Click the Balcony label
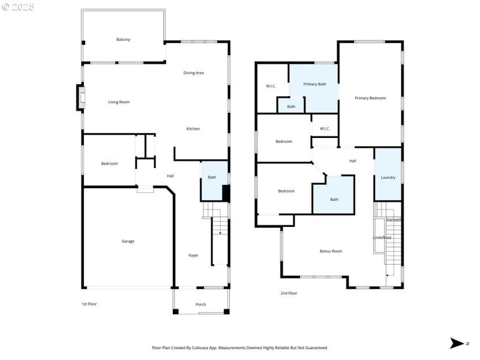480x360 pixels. [x=123, y=40]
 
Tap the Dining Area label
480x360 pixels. [x=194, y=73]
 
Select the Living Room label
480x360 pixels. [x=119, y=102]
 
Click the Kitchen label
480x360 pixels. [x=193, y=129]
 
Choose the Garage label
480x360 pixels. [x=128, y=241]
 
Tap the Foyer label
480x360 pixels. [x=193, y=256]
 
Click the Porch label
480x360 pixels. [x=200, y=304]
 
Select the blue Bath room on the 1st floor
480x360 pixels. [x=212, y=180]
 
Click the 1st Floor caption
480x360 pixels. [x=89, y=304]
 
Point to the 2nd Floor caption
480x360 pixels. [x=289, y=293]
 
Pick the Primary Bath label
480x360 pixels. [x=314, y=85]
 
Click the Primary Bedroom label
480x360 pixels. [x=370, y=98]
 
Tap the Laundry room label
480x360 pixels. [x=388, y=178]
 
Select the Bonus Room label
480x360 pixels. [x=331, y=251]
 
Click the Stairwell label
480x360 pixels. [x=394, y=220]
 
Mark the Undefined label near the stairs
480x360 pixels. [x=382, y=238]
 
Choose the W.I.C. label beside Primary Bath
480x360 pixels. [x=271, y=86]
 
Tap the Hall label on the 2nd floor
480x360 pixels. [x=353, y=161]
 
